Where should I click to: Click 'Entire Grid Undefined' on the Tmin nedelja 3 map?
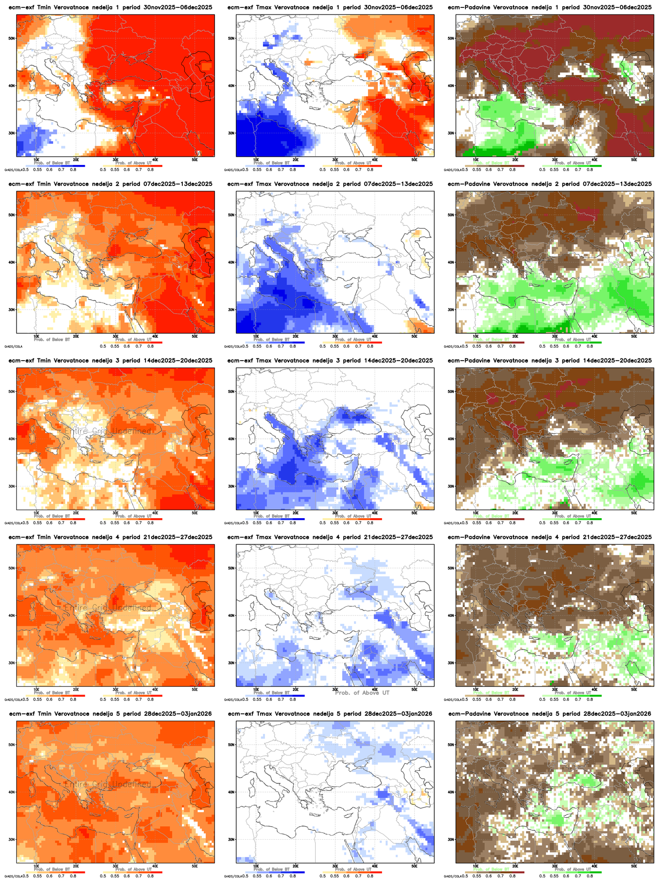point(108,431)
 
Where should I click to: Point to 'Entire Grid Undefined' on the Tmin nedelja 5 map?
point(108,785)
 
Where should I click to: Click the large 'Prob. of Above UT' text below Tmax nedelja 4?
point(362,693)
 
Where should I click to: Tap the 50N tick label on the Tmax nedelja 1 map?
point(231,38)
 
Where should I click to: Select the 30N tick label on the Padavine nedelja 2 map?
point(451,309)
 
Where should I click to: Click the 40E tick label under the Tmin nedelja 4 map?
point(155,689)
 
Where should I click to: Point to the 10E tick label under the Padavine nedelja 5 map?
point(475,866)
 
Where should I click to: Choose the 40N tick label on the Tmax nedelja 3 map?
point(231,438)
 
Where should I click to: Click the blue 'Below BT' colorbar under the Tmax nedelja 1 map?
point(275,166)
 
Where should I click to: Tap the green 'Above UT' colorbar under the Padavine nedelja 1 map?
point(572,166)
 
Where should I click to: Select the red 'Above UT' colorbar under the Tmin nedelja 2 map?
point(132,342)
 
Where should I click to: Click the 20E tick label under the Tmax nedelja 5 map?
point(295,866)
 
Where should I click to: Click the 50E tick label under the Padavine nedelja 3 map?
point(634,513)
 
